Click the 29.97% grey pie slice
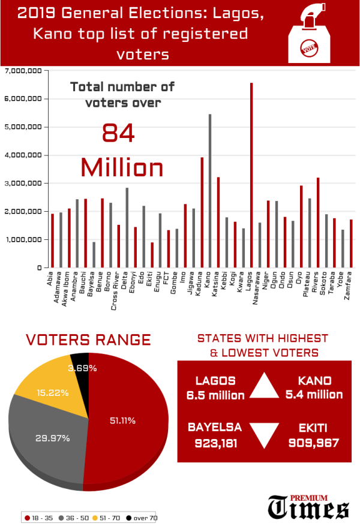[x=48, y=438]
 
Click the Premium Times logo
[x=308, y=507]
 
